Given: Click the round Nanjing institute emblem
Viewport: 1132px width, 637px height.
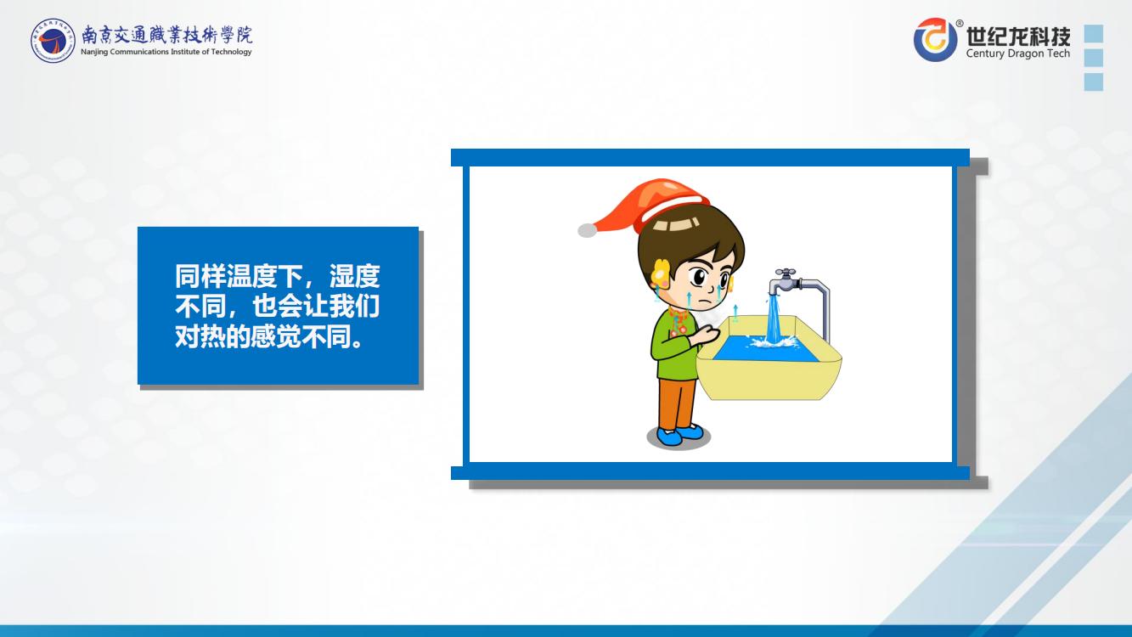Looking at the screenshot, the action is (53, 41).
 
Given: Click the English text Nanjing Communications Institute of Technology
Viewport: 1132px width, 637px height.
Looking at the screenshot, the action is (166, 52).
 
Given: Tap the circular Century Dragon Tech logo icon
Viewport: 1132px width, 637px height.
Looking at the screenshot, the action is (935, 39).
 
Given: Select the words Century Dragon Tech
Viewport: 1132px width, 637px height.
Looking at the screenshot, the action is (1018, 54).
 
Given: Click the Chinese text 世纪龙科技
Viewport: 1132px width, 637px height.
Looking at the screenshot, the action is (1018, 36).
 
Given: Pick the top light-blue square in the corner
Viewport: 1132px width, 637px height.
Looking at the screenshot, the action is (1094, 34).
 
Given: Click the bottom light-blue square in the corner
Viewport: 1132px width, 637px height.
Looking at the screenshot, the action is (1094, 82).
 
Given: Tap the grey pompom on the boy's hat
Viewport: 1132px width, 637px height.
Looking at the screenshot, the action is (587, 230).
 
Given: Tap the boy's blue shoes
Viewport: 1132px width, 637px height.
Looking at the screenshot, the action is (679, 434).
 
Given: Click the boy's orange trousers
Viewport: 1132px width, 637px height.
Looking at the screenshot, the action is (677, 403).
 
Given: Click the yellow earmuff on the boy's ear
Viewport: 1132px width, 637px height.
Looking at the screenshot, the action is (661, 273).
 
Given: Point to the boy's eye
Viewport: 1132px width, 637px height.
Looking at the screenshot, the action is (701, 277).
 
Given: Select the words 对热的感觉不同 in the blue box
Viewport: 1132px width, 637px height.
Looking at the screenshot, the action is (262, 336).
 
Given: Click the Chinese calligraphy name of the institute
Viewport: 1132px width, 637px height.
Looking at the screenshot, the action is (166, 36).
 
